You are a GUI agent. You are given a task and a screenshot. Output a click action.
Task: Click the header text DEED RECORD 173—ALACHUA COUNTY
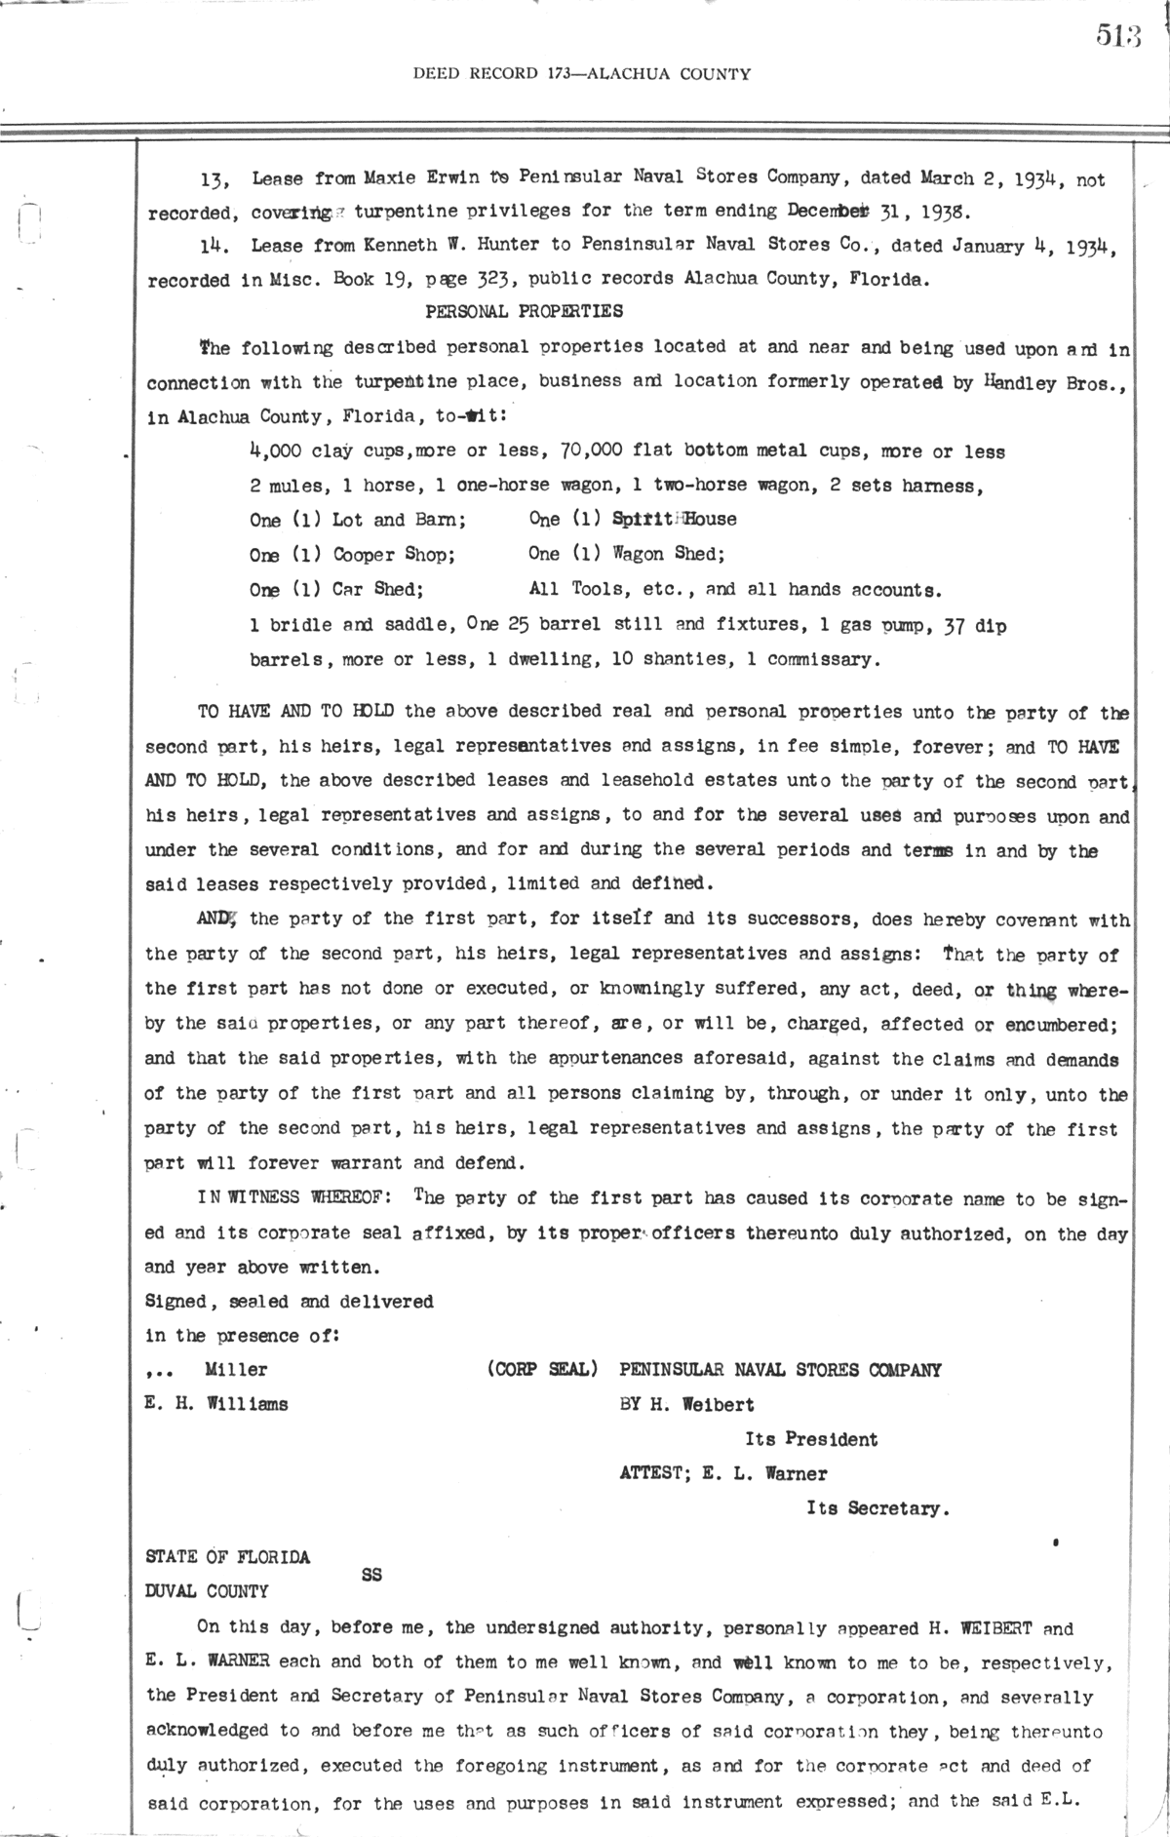point(582,73)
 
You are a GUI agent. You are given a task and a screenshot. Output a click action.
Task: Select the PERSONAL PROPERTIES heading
point(525,312)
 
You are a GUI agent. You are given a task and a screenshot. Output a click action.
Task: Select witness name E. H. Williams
point(216,1405)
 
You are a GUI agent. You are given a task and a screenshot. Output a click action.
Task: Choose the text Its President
point(811,1439)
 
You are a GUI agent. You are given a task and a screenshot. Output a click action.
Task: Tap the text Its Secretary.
point(877,1508)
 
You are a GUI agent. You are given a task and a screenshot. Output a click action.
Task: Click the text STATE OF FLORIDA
point(227,1557)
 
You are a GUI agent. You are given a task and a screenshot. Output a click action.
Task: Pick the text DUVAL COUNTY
point(207,1592)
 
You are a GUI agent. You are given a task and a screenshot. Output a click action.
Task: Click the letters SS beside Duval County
point(371,1574)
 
